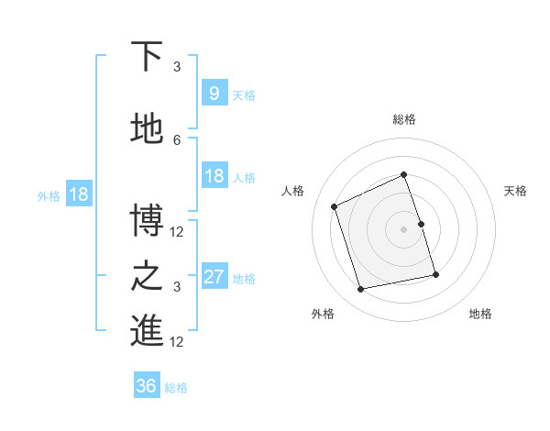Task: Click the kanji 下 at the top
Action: click(x=146, y=57)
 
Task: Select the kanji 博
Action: click(x=146, y=221)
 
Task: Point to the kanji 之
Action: click(x=146, y=276)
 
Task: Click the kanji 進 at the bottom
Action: click(x=146, y=331)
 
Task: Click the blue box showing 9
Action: click(x=214, y=94)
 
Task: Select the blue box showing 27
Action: click(x=214, y=277)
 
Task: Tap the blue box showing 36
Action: click(x=146, y=386)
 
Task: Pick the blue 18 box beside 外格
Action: click(x=78, y=194)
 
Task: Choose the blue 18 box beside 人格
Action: click(x=214, y=176)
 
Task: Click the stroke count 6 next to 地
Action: click(x=177, y=139)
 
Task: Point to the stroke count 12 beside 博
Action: click(x=177, y=231)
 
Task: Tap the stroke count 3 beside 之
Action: click(x=177, y=286)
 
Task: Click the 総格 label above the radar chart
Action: click(x=403, y=119)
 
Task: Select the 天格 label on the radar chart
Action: click(x=515, y=191)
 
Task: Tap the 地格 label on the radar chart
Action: click(x=480, y=314)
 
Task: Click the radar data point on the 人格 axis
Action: click(x=335, y=206)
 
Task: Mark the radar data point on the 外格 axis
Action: click(x=361, y=289)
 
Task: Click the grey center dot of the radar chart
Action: click(x=403, y=229)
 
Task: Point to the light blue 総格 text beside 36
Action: click(x=176, y=388)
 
